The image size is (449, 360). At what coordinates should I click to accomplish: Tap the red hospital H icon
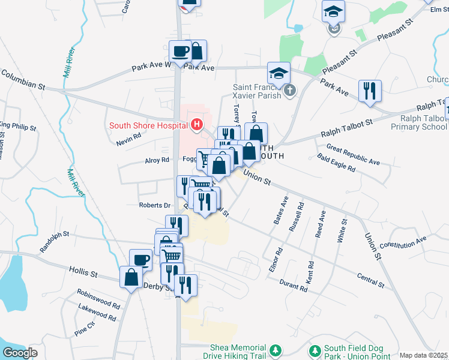pos(196,125)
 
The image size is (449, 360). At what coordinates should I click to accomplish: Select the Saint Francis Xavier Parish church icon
pos(289,91)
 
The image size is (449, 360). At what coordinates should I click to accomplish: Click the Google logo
pos(20,353)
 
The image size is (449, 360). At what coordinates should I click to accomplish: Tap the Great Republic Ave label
pos(353,154)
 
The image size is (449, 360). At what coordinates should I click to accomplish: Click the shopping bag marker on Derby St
pos(131,277)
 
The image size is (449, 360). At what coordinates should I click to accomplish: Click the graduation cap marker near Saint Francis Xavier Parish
pos(279,73)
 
